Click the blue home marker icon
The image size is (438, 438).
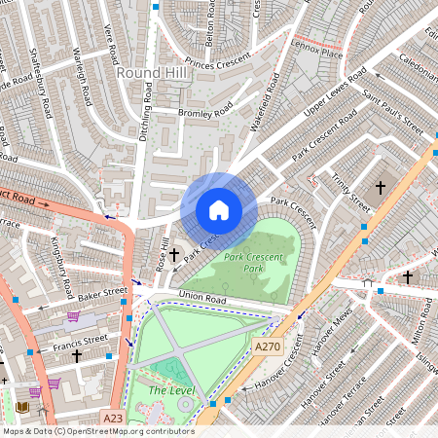[x=219, y=209]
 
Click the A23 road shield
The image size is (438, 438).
[x=114, y=419]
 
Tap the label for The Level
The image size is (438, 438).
[x=171, y=390]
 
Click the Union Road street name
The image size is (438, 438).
[x=201, y=299]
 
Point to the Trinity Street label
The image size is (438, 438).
[x=349, y=190]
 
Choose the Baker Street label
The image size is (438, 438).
[x=102, y=291]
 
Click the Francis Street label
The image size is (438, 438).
[x=81, y=341]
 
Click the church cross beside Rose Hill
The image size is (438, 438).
[x=174, y=255]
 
